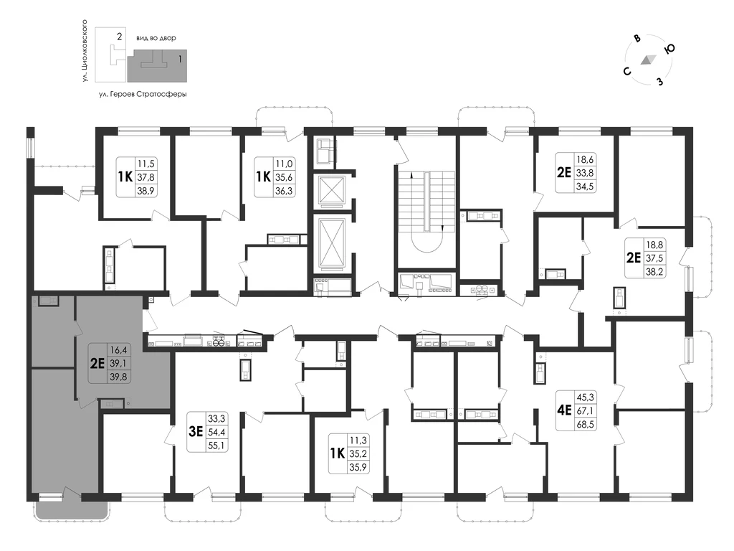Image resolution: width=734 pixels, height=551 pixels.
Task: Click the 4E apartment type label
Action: [565, 410]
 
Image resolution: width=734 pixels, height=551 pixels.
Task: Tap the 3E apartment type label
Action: [196, 431]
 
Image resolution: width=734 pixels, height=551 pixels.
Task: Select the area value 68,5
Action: [585, 425]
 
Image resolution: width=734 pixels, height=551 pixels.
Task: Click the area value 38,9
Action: [146, 190]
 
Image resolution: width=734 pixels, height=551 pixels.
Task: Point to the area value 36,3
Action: [284, 190]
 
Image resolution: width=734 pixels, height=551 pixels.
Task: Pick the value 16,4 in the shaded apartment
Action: [119, 349]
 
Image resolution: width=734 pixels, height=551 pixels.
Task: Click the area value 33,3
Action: [216, 418]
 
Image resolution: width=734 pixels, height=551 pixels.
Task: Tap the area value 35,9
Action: [358, 466]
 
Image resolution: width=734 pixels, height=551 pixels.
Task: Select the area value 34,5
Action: [585, 186]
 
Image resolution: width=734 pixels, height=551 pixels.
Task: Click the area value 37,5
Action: [654, 258]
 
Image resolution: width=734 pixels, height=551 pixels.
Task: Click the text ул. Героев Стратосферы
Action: [143, 94]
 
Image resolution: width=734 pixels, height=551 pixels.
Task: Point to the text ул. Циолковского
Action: [85, 51]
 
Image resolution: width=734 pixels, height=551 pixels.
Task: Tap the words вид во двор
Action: [156, 38]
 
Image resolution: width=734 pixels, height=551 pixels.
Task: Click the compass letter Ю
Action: [669, 49]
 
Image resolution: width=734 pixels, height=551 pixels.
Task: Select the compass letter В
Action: [637, 39]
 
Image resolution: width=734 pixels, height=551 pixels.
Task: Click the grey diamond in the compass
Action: [648, 60]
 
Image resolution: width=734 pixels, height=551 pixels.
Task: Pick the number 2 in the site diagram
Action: [120, 36]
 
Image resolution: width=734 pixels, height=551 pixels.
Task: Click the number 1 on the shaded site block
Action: [180, 60]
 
